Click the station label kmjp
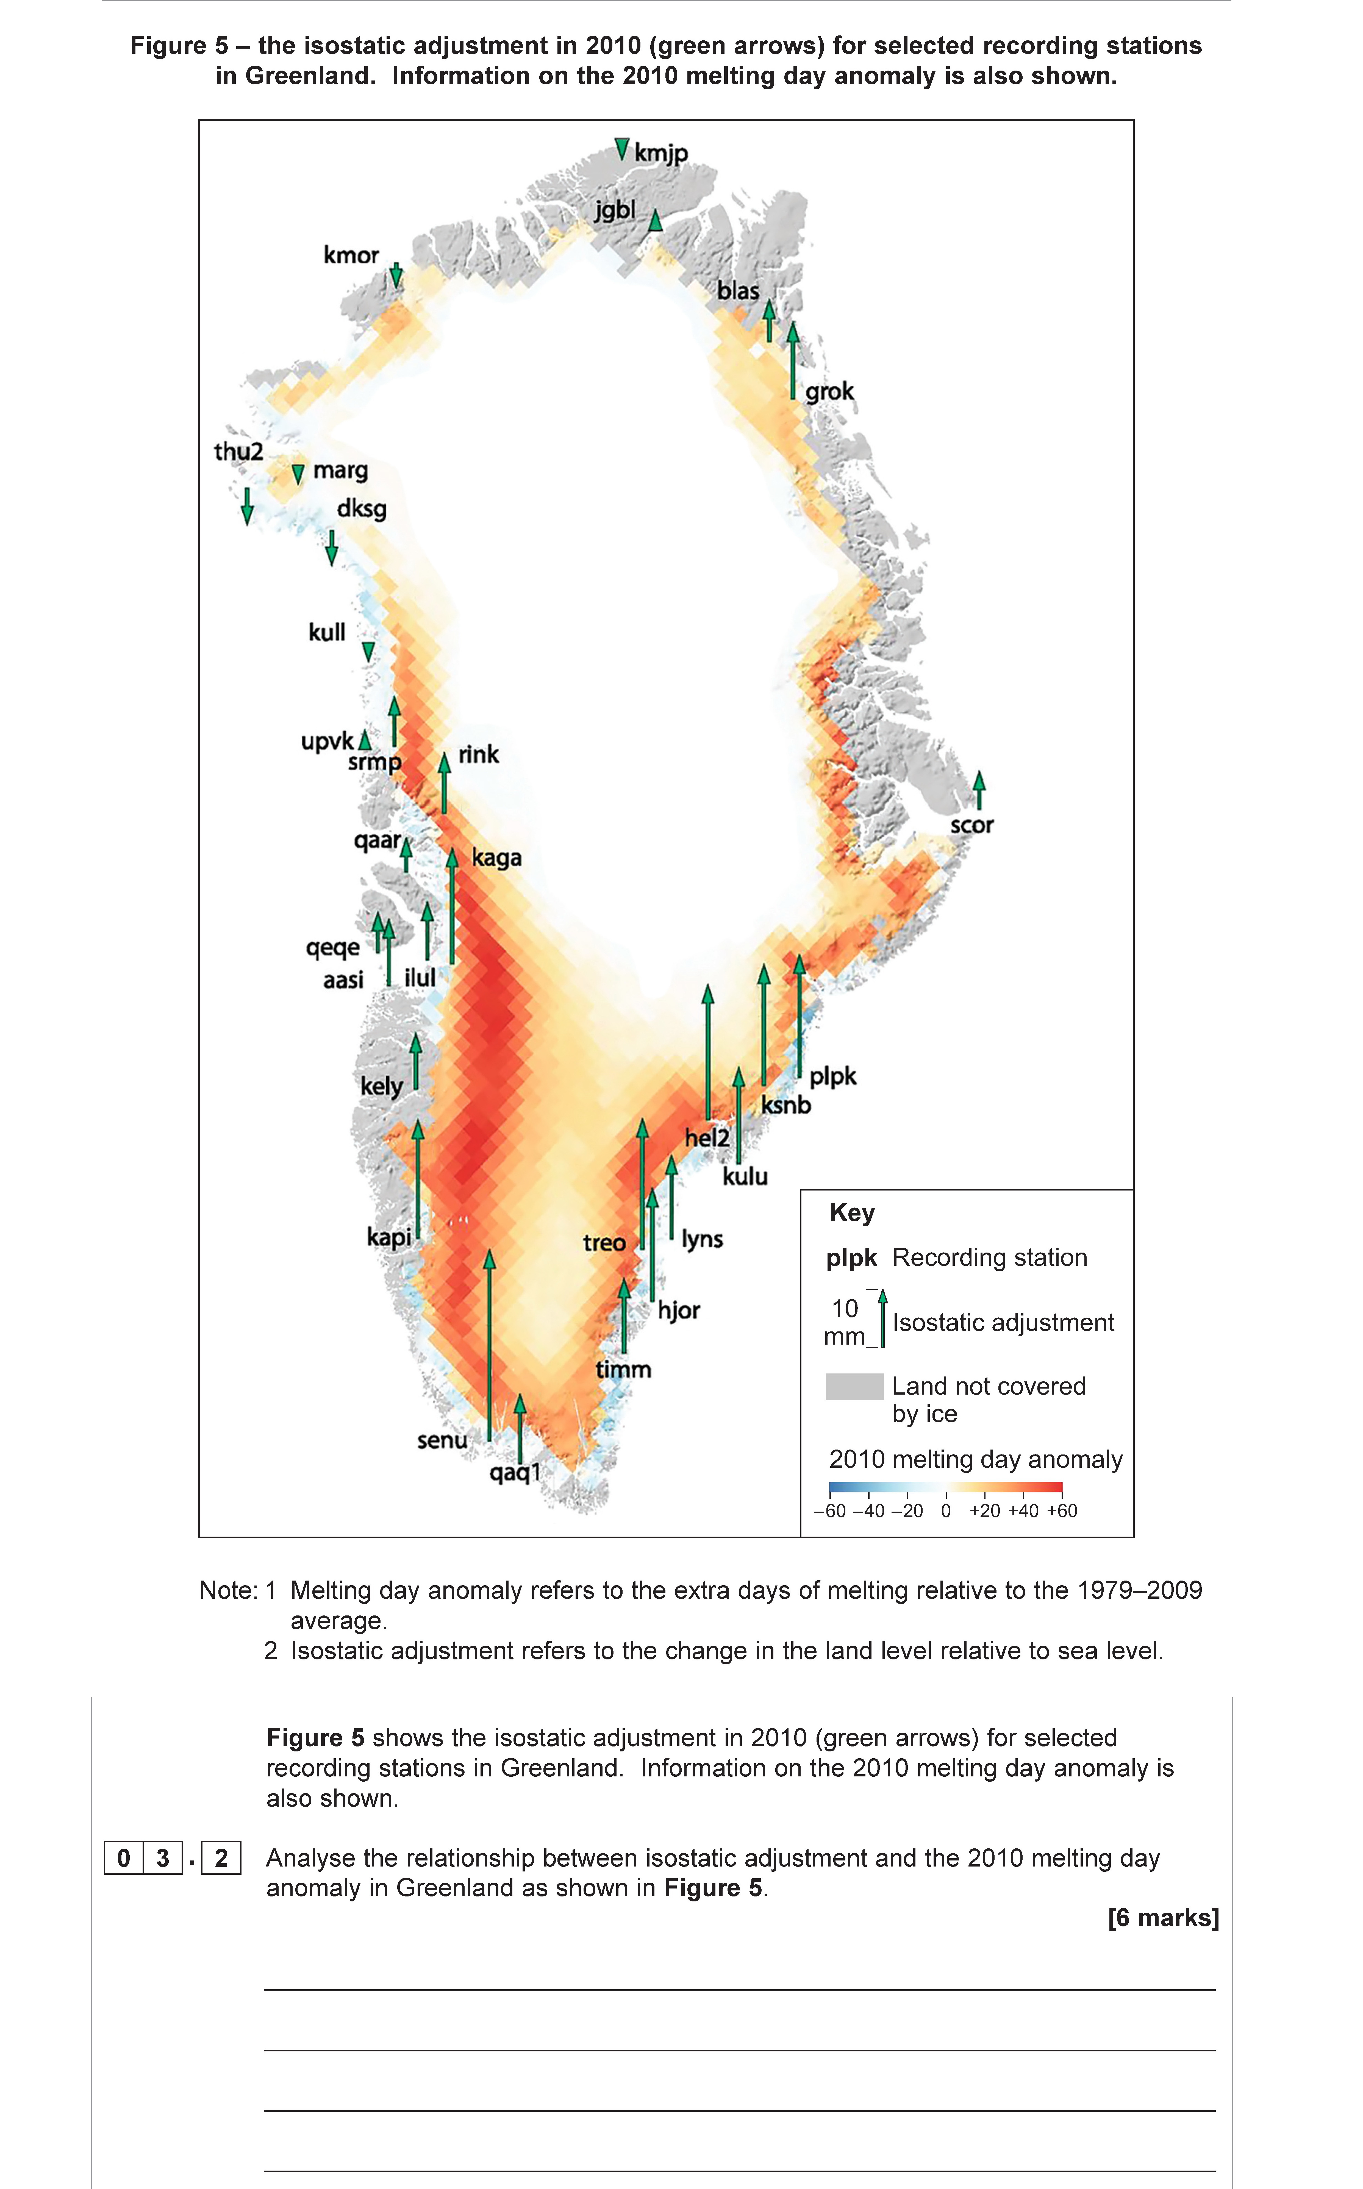pyautogui.click(x=661, y=153)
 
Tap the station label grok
pyautogui.click(x=829, y=392)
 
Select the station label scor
pyautogui.click(x=972, y=825)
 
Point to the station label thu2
pyautogui.click(x=238, y=452)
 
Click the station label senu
pyautogui.click(x=442, y=1440)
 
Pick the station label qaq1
pyautogui.click(x=515, y=1473)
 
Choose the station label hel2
pyautogui.click(x=707, y=1138)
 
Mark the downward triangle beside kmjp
pyautogui.click(x=621, y=149)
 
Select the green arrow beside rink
pyautogui.click(x=443, y=784)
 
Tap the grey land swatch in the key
pyautogui.click(x=854, y=1386)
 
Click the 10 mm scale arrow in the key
pyautogui.click(x=882, y=1319)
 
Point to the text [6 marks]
pyautogui.click(x=1163, y=1918)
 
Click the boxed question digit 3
pyautogui.click(x=162, y=1858)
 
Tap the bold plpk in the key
pyautogui.click(x=851, y=1258)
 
